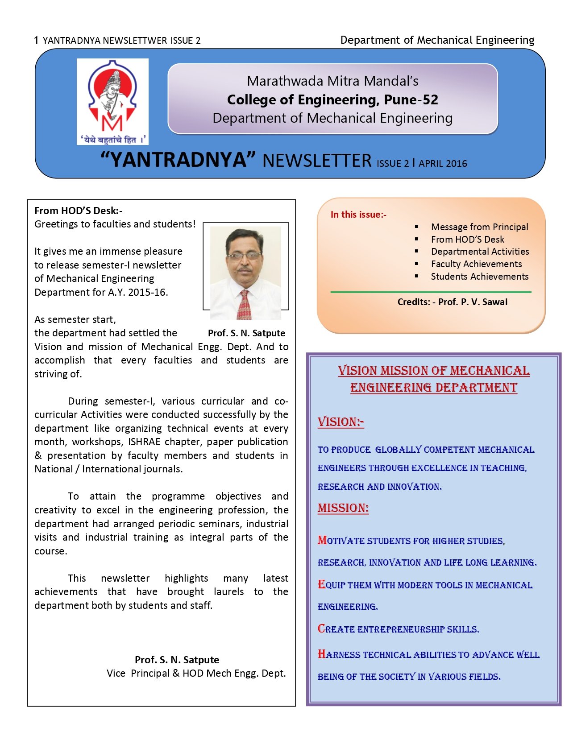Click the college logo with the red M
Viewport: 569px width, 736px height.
(x=112, y=101)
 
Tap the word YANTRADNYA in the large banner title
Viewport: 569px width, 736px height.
(x=178, y=160)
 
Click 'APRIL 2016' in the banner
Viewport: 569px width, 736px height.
(x=443, y=164)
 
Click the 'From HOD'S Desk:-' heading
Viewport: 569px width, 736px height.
(x=78, y=211)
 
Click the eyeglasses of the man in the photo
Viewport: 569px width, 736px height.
(x=244, y=256)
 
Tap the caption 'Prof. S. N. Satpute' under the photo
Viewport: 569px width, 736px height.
(x=246, y=333)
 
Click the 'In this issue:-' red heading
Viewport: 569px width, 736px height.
(x=358, y=215)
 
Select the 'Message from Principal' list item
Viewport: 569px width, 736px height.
(x=479, y=227)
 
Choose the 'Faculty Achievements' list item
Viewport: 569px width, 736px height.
(x=476, y=264)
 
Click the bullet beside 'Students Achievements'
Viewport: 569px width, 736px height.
(x=416, y=277)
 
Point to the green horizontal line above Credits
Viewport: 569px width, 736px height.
(x=431, y=292)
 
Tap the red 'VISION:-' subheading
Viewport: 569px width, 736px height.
(x=341, y=422)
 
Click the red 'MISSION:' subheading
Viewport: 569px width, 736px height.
(x=343, y=508)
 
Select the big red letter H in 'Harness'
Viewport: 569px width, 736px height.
(x=321, y=654)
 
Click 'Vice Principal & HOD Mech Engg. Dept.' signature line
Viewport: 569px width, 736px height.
(x=196, y=674)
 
